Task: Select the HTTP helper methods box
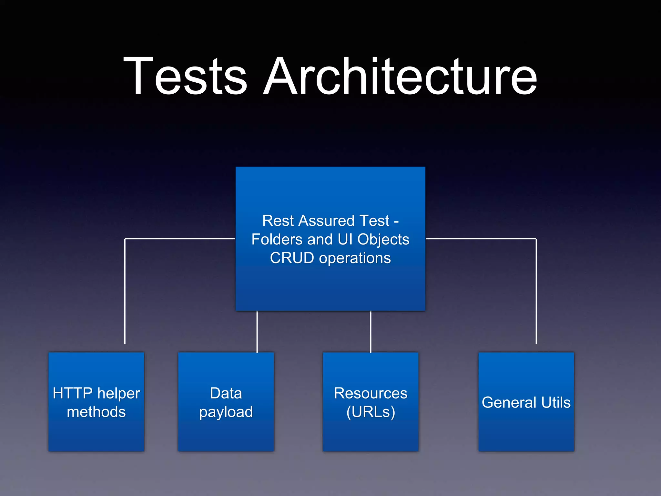coord(96,402)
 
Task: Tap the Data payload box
coord(226,402)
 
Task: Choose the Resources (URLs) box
coord(371,402)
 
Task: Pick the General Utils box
coord(526,402)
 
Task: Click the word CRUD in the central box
coord(292,258)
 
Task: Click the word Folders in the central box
coord(277,240)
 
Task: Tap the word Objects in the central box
coord(383,240)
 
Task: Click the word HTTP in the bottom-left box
coord(73,393)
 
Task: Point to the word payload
coord(226,412)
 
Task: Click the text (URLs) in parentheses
coord(371,412)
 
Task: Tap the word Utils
coord(556,402)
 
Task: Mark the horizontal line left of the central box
coord(179,239)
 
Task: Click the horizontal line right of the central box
coord(481,239)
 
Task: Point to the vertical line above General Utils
coord(536,291)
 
